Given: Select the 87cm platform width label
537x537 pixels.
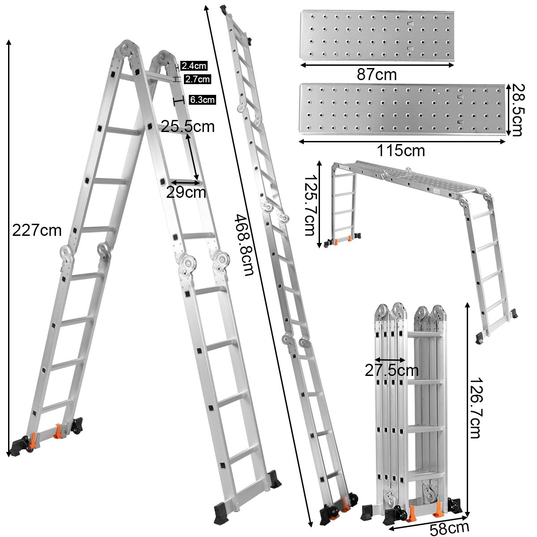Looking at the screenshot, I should click(376, 74).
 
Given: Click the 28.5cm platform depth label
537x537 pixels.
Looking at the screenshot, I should click(517, 110).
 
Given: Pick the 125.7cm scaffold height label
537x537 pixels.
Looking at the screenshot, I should click(310, 204).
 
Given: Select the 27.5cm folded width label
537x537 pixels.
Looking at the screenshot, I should click(392, 371).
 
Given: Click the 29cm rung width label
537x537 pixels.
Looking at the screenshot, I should click(186, 192).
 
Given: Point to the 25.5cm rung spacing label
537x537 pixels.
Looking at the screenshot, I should click(188, 127).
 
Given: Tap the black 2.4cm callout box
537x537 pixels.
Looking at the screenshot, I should click(194, 66).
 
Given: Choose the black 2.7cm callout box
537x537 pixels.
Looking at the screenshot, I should click(196, 79).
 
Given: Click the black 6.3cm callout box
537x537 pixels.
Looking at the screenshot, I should click(202, 99).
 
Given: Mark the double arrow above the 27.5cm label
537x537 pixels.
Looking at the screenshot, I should click(389, 359).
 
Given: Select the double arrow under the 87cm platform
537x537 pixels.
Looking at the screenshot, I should click(377, 65).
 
